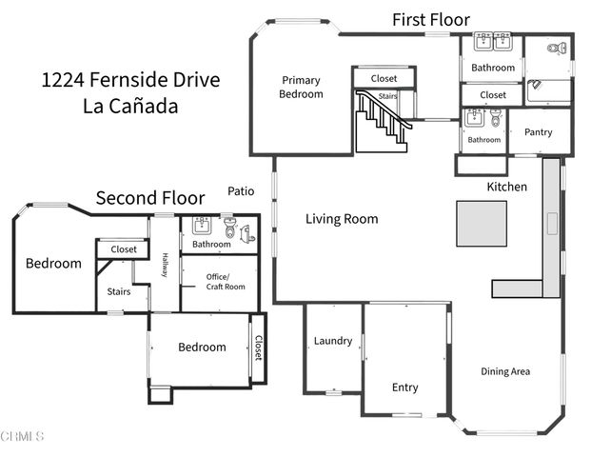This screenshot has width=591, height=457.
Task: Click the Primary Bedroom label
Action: point(300,87)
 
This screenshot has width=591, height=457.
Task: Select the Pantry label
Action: point(538,132)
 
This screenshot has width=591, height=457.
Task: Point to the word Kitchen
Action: point(507,187)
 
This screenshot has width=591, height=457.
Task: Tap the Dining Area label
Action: point(505,371)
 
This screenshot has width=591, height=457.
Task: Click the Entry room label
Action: point(405,387)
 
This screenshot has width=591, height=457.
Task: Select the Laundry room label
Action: point(333,341)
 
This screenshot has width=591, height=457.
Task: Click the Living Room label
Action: point(342,219)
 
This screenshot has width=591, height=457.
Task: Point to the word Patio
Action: point(241,191)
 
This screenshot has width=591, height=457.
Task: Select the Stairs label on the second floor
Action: point(118,292)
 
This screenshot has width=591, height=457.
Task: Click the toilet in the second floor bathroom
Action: point(229,228)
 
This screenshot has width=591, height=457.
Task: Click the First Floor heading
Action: point(432,19)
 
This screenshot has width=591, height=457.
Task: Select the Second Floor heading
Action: point(150,198)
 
